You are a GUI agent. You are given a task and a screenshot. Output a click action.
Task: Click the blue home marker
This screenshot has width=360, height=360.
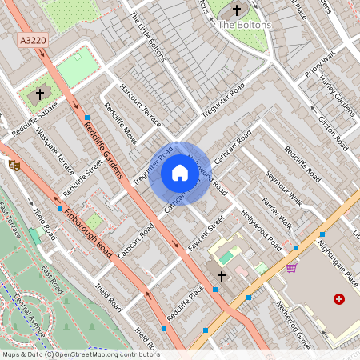coord(180,172)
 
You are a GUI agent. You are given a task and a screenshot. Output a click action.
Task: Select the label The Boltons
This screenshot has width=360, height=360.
coord(244,25)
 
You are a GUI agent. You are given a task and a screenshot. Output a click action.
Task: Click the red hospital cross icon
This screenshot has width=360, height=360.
coord(339,298)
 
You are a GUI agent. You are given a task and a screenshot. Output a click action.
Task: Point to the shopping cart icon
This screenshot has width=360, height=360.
coord(291,267)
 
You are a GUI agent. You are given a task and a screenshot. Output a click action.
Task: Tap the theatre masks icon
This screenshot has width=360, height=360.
coord(14,165)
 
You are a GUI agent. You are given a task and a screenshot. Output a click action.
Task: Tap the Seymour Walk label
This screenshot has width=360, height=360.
coord(284,187)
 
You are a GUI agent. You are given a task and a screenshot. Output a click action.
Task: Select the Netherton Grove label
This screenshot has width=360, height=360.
coord(292,315)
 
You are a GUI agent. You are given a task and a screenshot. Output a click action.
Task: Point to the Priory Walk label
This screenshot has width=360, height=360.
coord(318,66)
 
